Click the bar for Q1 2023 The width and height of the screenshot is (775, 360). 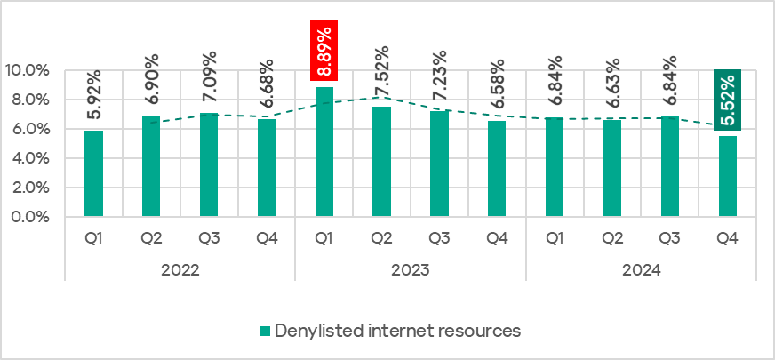coord(324,151)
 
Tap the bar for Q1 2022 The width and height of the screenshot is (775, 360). coord(93,173)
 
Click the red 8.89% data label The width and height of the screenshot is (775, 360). coord(324,50)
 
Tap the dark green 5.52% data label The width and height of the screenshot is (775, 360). coord(728,99)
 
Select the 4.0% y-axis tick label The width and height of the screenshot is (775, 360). coord(28,158)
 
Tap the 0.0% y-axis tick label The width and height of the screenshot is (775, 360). coord(28,217)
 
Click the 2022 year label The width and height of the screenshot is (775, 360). coord(180,269)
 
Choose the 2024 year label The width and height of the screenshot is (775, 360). coord(641,269)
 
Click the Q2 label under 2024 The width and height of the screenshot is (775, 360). coord(612,239)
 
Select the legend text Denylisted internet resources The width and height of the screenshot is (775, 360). coord(397,331)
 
